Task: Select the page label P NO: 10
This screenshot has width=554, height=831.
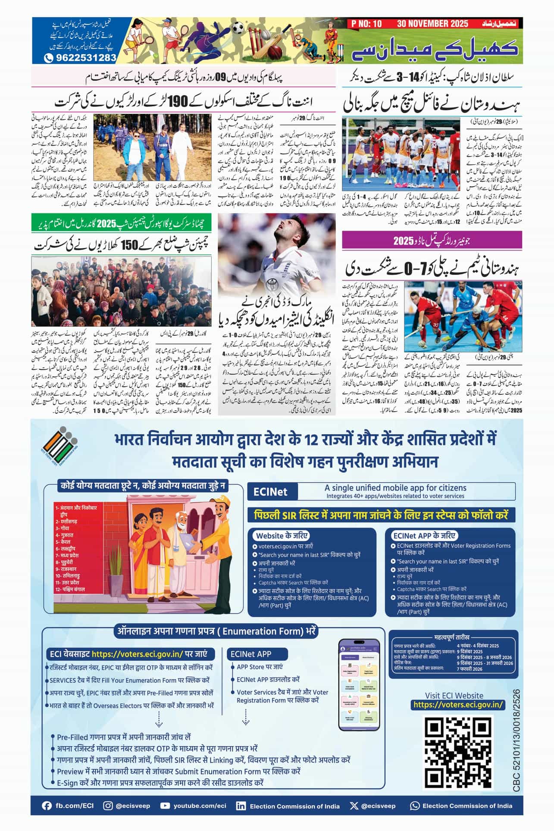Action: click(366, 24)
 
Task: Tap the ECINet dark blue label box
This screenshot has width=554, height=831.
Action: click(271, 492)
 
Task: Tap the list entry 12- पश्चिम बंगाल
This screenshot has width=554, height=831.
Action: click(70, 589)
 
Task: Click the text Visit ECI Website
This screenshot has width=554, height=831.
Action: click(454, 695)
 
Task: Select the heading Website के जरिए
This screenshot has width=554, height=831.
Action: click(282, 536)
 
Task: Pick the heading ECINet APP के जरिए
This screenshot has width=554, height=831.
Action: click(424, 536)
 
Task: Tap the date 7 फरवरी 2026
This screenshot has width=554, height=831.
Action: click(469, 669)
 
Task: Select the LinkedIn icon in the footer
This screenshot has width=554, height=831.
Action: click(241, 806)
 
